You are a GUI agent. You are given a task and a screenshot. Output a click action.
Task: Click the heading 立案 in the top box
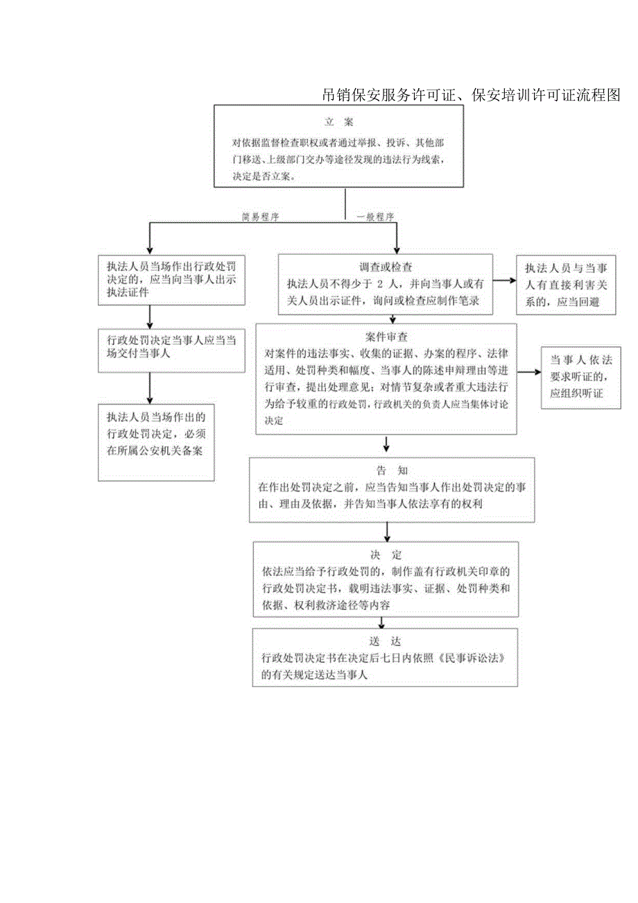[x=339, y=122]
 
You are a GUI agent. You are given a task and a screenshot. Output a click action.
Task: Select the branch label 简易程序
[x=260, y=217]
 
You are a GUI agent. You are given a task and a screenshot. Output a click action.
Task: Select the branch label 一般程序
[x=375, y=217]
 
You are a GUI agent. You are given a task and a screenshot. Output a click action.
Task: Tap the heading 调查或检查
[x=386, y=267]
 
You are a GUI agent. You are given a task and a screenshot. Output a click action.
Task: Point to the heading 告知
[x=387, y=470]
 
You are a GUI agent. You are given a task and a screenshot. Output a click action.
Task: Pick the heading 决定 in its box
[x=386, y=555]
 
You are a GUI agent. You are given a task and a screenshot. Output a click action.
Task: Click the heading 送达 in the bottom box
[x=386, y=641]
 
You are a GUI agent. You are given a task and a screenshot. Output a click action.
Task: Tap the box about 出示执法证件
[x=171, y=280]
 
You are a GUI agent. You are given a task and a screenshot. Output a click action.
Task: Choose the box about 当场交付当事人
[x=171, y=347]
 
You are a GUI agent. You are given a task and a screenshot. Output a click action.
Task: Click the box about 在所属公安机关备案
[x=157, y=442]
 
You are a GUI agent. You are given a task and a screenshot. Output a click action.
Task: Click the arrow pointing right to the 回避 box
[x=504, y=280]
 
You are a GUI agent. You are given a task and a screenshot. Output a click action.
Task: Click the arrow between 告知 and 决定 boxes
[x=386, y=531]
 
